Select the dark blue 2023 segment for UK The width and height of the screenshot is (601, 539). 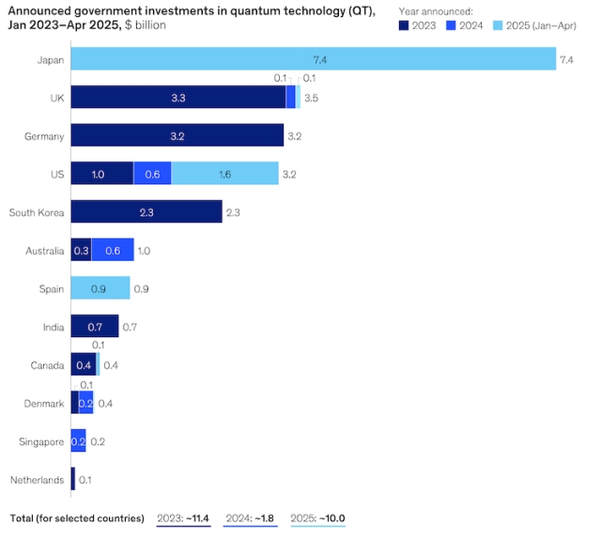(177, 98)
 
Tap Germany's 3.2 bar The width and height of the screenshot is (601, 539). (177, 136)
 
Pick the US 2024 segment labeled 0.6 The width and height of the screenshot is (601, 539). (152, 175)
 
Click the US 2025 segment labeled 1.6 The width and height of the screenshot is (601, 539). (225, 175)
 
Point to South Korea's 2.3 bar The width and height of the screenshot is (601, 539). (146, 213)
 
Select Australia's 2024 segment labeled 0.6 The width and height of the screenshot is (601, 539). (113, 251)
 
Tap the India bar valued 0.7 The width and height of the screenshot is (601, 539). (94, 328)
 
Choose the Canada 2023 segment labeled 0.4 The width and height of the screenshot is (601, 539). (83, 365)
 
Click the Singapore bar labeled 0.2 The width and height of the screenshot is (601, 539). (78, 442)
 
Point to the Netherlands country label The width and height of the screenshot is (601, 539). (39, 481)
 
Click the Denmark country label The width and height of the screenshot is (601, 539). (43, 404)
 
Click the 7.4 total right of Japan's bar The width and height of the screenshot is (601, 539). (566, 60)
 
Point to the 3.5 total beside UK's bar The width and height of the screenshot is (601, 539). (312, 98)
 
